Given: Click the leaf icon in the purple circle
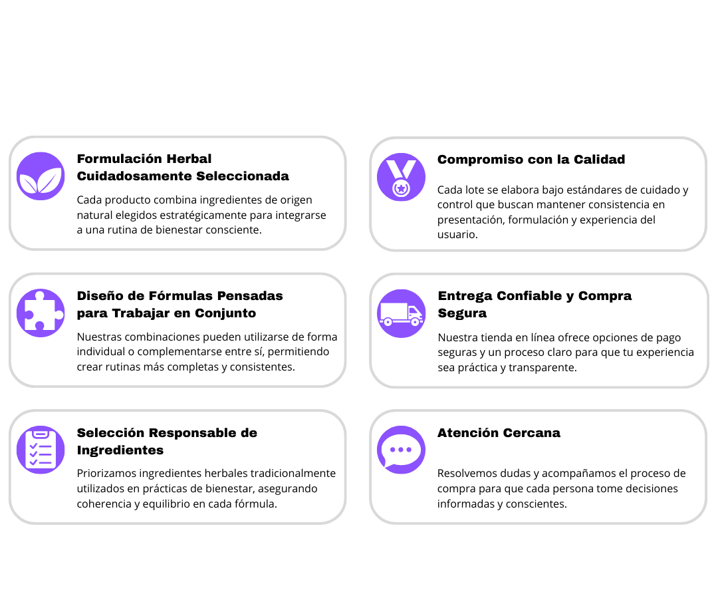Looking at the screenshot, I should click(x=41, y=176).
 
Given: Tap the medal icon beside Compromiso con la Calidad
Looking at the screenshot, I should click(x=401, y=177).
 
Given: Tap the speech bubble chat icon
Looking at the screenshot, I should click(x=401, y=450).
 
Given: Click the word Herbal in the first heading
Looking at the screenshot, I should click(x=189, y=159).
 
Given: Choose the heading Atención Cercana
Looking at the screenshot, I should click(x=499, y=433).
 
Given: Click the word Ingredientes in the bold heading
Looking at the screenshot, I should click(x=120, y=450).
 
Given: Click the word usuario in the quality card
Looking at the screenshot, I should click(x=457, y=234).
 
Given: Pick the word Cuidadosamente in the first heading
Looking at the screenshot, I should click(x=134, y=176).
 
